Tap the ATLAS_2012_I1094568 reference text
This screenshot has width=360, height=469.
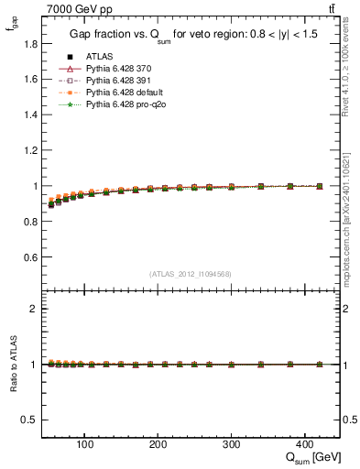[191, 273]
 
